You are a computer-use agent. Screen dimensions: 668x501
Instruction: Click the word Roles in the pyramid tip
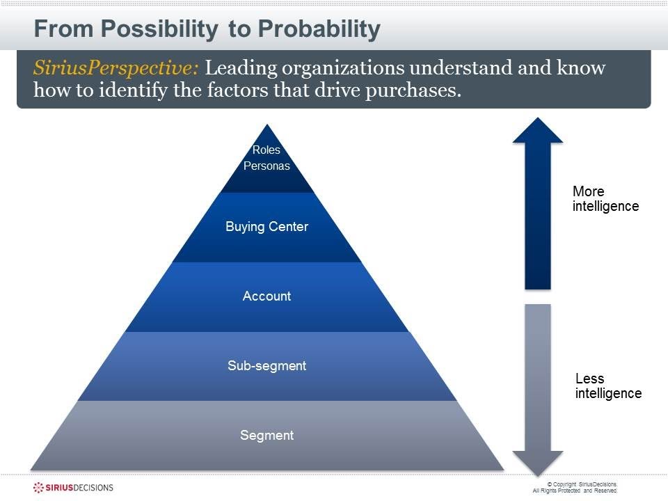(267, 150)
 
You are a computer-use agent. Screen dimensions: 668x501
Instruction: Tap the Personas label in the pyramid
(267, 166)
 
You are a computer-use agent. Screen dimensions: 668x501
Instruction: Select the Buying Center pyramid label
(267, 227)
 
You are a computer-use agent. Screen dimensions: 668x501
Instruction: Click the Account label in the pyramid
(267, 296)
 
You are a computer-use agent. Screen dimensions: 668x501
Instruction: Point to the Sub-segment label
(267, 366)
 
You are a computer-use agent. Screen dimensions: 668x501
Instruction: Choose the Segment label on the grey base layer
(267, 436)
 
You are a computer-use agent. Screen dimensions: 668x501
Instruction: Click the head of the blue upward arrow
(537, 132)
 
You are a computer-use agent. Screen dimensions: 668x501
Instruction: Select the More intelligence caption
(605, 199)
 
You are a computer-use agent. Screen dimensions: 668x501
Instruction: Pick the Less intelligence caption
(607, 386)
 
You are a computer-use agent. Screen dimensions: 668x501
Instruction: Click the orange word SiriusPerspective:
(117, 69)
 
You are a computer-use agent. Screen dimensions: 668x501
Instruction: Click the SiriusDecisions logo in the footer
(74, 487)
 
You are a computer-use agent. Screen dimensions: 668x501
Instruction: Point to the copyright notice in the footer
(575, 487)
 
